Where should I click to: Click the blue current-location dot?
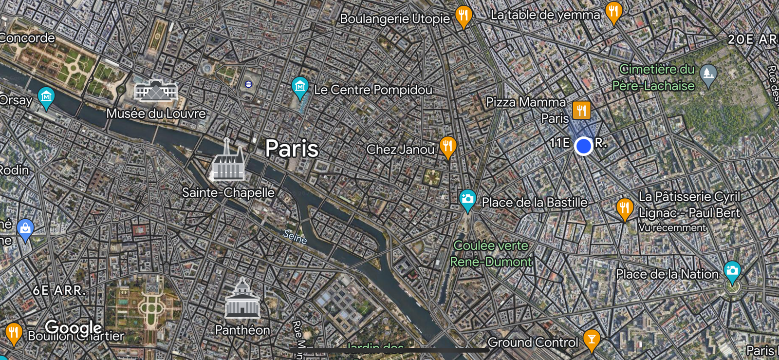tap(583, 146)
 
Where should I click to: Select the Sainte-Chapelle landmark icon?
tap(228, 161)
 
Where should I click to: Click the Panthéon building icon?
tap(242, 299)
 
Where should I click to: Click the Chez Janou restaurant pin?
tap(447, 146)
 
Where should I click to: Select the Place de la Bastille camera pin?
tap(467, 199)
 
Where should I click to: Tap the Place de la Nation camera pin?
tap(732, 271)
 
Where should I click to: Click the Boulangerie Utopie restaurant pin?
tap(464, 15)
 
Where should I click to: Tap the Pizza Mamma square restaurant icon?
tap(581, 111)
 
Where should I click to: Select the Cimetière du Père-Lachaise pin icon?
tap(708, 75)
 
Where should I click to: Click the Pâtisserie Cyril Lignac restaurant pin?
tap(624, 208)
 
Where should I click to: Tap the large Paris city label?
tap(292, 149)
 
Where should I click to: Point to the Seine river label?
tap(295, 237)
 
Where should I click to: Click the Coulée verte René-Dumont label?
tap(491, 253)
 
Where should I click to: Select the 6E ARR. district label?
tap(59, 290)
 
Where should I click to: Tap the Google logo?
tap(73, 328)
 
